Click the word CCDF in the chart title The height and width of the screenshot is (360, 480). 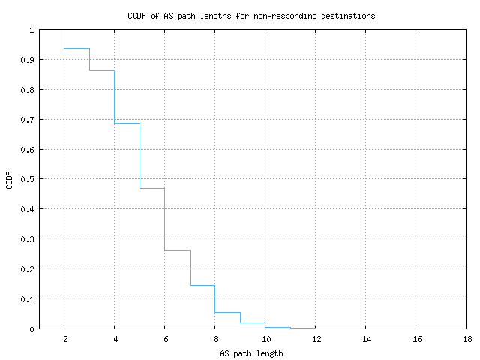[136, 16]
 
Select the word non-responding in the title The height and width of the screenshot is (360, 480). [285, 16]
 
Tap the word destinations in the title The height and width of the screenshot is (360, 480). [348, 16]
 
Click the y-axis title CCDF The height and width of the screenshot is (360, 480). [9, 181]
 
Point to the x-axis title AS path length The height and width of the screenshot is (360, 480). [251, 353]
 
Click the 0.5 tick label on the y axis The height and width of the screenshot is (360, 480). [27, 179]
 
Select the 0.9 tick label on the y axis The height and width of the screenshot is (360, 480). [27, 60]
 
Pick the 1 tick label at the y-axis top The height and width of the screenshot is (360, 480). [31, 30]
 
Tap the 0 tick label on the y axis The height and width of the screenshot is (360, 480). [31, 329]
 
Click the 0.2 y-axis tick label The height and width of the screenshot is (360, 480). [27, 269]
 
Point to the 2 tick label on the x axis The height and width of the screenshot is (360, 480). [65, 339]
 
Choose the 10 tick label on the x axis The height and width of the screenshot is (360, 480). [266, 339]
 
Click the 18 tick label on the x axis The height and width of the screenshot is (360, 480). [467, 339]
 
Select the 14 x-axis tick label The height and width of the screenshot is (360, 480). [367, 339]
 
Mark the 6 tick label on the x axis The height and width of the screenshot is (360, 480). [166, 339]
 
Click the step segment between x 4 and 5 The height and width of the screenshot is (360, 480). [127, 123]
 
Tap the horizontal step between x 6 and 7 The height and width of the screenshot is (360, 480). [177, 250]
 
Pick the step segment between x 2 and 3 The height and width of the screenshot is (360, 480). [76, 48]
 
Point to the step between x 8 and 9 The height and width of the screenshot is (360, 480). [227, 312]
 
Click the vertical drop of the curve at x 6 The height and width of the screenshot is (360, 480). [165, 219]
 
